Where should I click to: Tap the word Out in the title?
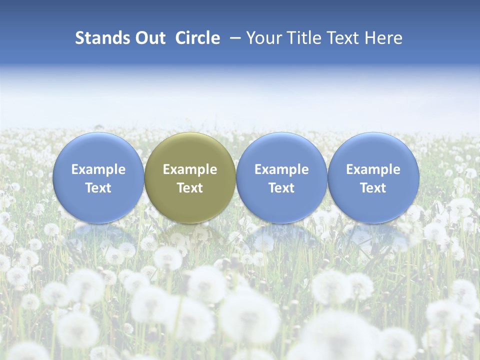tap(148, 38)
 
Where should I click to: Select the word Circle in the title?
tap(197, 38)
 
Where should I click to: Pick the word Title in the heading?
tap(301, 38)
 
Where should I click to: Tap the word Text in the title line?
tap(341, 38)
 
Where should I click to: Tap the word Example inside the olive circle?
tap(190, 169)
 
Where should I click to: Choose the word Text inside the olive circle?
tap(190, 188)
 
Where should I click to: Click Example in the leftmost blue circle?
tap(98, 169)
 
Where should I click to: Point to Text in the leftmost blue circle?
tap(98, 188)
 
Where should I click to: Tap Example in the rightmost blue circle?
tap(373, 169)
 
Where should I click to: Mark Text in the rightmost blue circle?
tap(373, 188)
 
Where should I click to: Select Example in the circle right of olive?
tap(281, 169)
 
